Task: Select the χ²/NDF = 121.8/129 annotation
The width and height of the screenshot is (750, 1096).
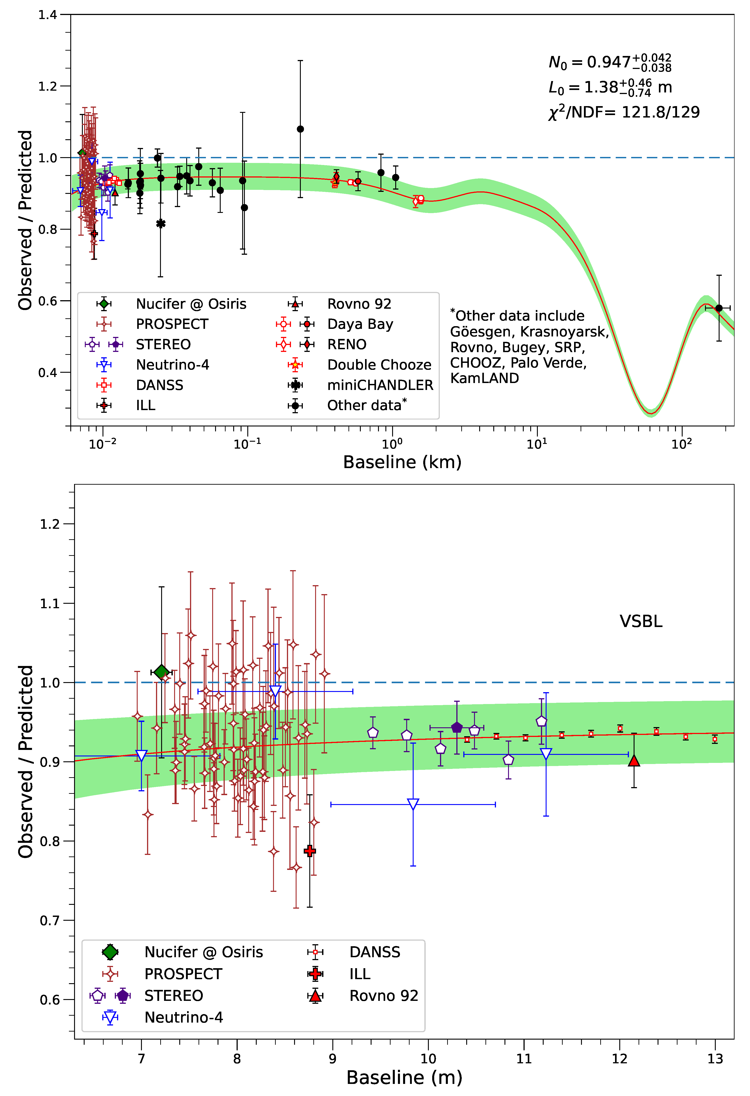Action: click(x=624, y=112)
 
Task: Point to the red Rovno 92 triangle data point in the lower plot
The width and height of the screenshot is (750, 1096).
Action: click(x=634, y=760)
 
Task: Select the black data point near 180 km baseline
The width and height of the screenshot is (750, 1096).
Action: click(x=719, y=308)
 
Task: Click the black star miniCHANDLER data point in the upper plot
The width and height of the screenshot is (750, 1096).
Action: click(x=161, y=224)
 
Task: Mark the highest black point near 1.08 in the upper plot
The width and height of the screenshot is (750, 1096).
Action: click(x=300, y=129)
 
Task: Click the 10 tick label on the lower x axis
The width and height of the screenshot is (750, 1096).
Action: click(x=428, y=1059)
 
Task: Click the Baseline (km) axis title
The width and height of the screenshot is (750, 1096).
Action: click(x=402, y=462)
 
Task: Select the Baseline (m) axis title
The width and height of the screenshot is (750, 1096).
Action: click(x=404, y=1078)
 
